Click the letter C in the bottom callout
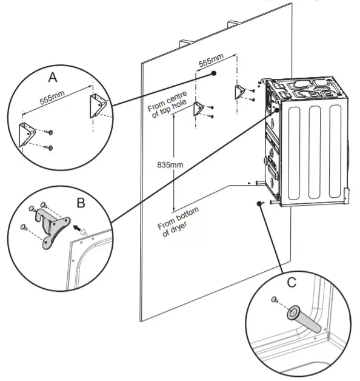tap(291, 283)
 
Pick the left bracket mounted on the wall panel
tap(198, 109)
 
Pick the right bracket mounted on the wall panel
tap(240, 92)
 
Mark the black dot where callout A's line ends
tap(214, 73)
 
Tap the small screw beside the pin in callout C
tap(273, 299)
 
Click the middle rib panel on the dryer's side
tap(313, 152)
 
